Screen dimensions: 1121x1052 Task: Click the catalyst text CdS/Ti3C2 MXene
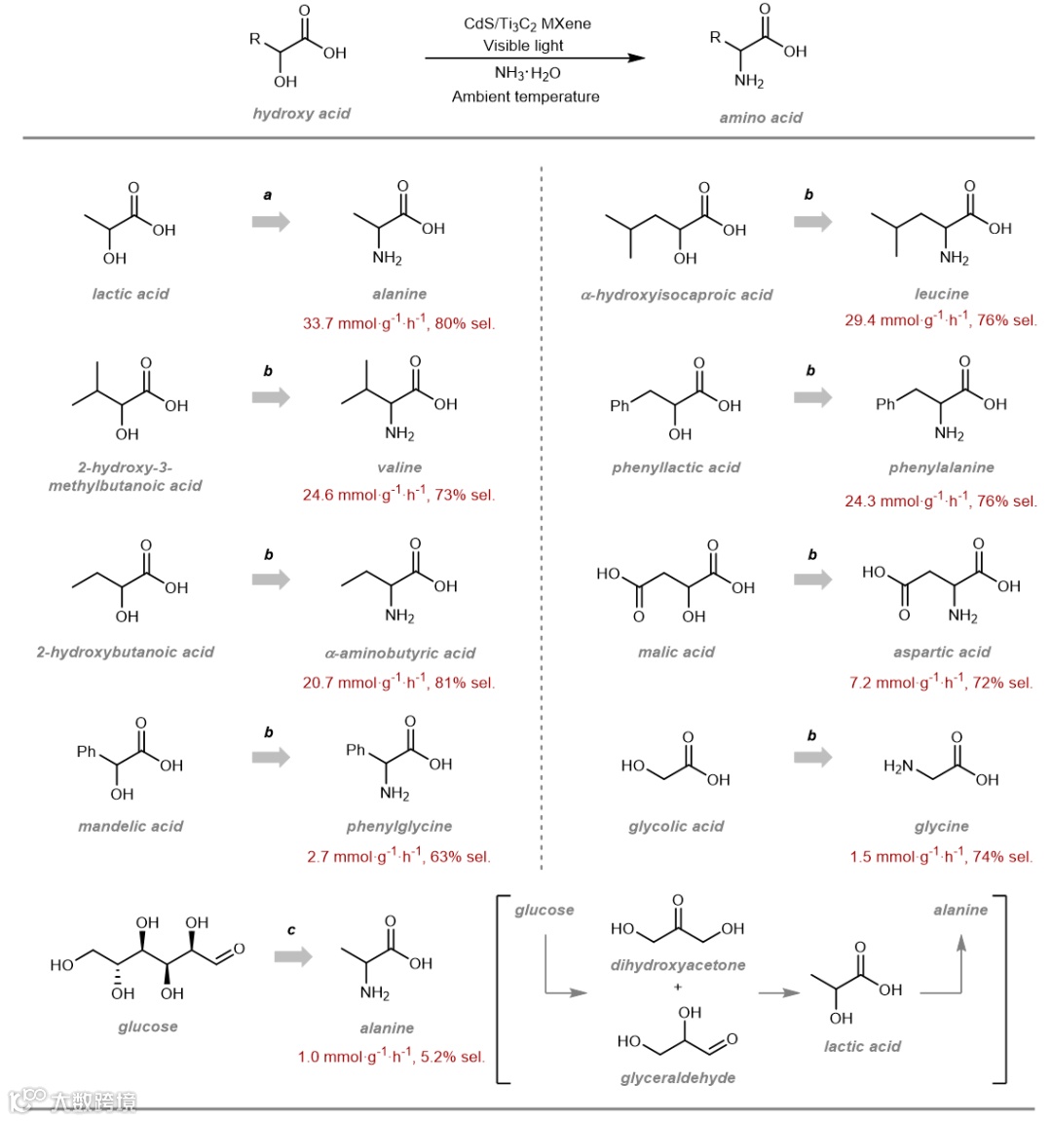click(526, 24)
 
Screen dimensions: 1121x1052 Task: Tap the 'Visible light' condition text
click(523, 46)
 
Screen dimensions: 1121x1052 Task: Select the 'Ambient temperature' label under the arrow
click(525, 96)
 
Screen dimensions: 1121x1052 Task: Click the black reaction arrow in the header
click(535, 58)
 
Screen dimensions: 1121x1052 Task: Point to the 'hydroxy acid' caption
click(301, 113)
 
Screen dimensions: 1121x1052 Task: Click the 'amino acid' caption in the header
click(761, 118)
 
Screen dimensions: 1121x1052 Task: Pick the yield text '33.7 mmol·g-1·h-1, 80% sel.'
click(398, 322)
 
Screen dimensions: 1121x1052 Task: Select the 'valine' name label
click(399, 467)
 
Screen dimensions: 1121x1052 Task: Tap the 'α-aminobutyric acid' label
click(399, 653)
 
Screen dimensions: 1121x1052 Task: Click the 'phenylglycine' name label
click(399, 826)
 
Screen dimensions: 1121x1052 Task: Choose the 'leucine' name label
click(941, 293)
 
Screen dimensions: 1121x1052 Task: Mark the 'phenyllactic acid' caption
click(676, 467)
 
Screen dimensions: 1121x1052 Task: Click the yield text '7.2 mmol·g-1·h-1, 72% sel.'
click(941, 682)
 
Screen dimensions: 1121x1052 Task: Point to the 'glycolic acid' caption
click(676, 826)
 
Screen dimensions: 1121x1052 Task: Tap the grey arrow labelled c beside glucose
click(293, 956)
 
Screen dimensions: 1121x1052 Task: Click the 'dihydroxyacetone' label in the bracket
click(678, 965)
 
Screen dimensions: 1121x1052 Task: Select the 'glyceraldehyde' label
click(678, 1078)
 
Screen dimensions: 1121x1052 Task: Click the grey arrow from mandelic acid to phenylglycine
click(271, 757)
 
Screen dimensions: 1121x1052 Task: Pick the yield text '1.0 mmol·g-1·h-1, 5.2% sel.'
click(391, 1056)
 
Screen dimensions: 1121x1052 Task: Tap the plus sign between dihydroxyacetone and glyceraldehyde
click(678, 988)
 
